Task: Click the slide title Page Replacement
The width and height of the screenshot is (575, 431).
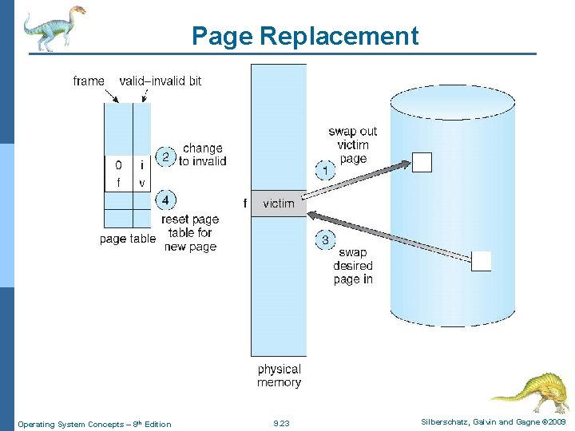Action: [304, 36]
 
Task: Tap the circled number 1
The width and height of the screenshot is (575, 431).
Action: [325, 169]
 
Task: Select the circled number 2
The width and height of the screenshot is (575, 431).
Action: [165, 156]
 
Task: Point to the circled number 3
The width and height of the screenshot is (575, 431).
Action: [325, 239]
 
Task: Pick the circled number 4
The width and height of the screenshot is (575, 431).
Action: [165, 200]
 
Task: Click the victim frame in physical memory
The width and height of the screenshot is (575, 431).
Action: [279, 204]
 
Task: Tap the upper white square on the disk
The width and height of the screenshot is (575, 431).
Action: [422, 162]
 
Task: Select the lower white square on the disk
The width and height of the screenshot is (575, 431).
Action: [482, 261]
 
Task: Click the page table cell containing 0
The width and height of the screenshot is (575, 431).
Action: [118, 165]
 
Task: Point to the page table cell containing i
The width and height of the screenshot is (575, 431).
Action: [141, 165]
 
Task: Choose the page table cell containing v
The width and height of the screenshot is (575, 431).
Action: [141, 183]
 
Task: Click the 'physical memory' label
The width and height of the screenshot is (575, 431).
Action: [279, 376]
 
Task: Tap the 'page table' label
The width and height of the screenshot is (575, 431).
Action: [128, 239]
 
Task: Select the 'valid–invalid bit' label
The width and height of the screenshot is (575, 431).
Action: [161, 81]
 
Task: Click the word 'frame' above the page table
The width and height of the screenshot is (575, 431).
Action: [89, 81]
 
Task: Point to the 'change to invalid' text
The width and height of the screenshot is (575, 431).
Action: [203, 155]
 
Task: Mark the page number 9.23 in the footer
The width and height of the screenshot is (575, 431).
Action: [281, 424]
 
